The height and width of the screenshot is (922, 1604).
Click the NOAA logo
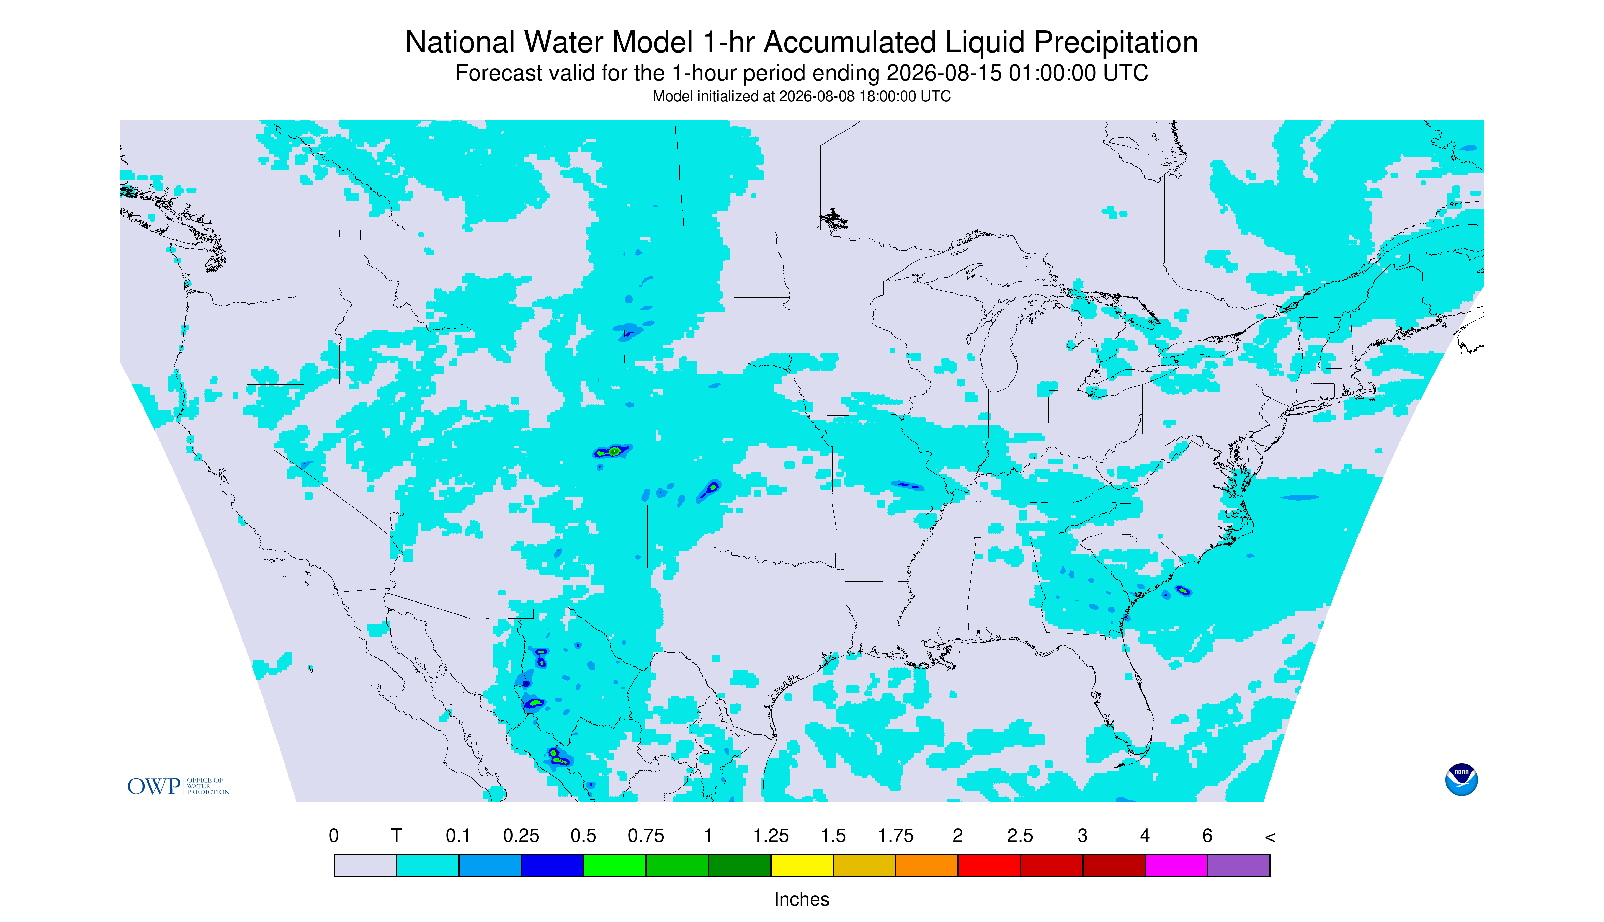1461,779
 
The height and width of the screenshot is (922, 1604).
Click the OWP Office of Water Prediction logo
178,786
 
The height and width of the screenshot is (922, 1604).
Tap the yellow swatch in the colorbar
802,865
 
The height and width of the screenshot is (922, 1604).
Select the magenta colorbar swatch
1176,865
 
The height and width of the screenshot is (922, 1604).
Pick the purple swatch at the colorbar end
1238,865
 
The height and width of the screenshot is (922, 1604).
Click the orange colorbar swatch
926,865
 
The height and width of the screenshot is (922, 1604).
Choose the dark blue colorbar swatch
552,865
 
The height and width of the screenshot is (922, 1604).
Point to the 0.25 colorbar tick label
521,836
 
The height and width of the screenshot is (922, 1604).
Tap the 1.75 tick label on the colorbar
895,836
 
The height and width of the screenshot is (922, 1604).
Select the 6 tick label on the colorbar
1207,836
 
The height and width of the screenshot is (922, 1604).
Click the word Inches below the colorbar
802,899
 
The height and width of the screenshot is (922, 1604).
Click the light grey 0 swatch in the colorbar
365,865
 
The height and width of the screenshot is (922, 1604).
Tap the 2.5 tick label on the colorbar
1020,836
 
